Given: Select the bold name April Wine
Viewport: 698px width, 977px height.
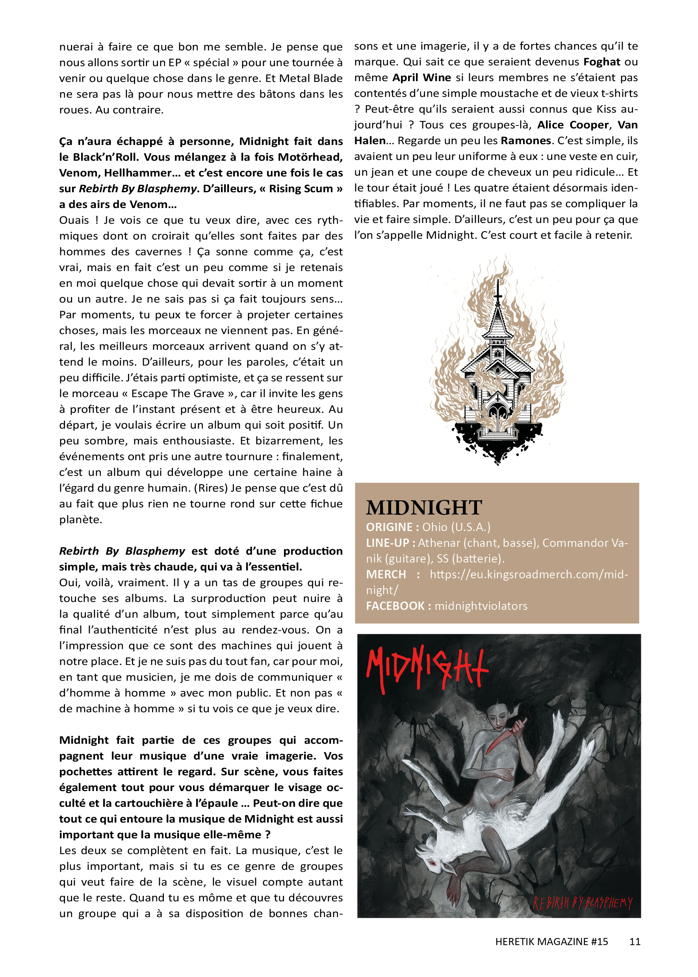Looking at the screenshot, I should click(x=421, y=78).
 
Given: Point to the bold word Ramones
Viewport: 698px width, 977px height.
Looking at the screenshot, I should click(x=525, y=141).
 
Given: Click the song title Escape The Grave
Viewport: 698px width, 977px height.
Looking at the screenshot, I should click(x=178, y=394).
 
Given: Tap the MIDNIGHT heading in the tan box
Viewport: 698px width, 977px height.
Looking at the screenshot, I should click(x=424, y=508).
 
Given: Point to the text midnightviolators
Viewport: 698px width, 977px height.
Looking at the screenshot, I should click(x=481, y=606).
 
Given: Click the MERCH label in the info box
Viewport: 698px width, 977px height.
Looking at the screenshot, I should click(x=386, y=575).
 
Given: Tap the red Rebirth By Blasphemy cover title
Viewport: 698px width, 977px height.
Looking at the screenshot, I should click(x=582, y=902).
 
